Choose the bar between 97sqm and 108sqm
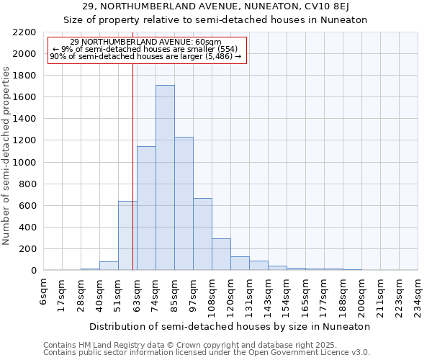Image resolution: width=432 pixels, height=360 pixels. (x=202, y=234)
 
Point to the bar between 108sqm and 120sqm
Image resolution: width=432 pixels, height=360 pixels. (x=221, y=254)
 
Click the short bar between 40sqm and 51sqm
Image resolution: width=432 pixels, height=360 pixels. (x=109, y=266)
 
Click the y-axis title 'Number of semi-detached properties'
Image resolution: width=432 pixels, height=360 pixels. (x=7, y=156)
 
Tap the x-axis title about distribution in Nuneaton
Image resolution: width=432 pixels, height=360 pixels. (x=230, y=326)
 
